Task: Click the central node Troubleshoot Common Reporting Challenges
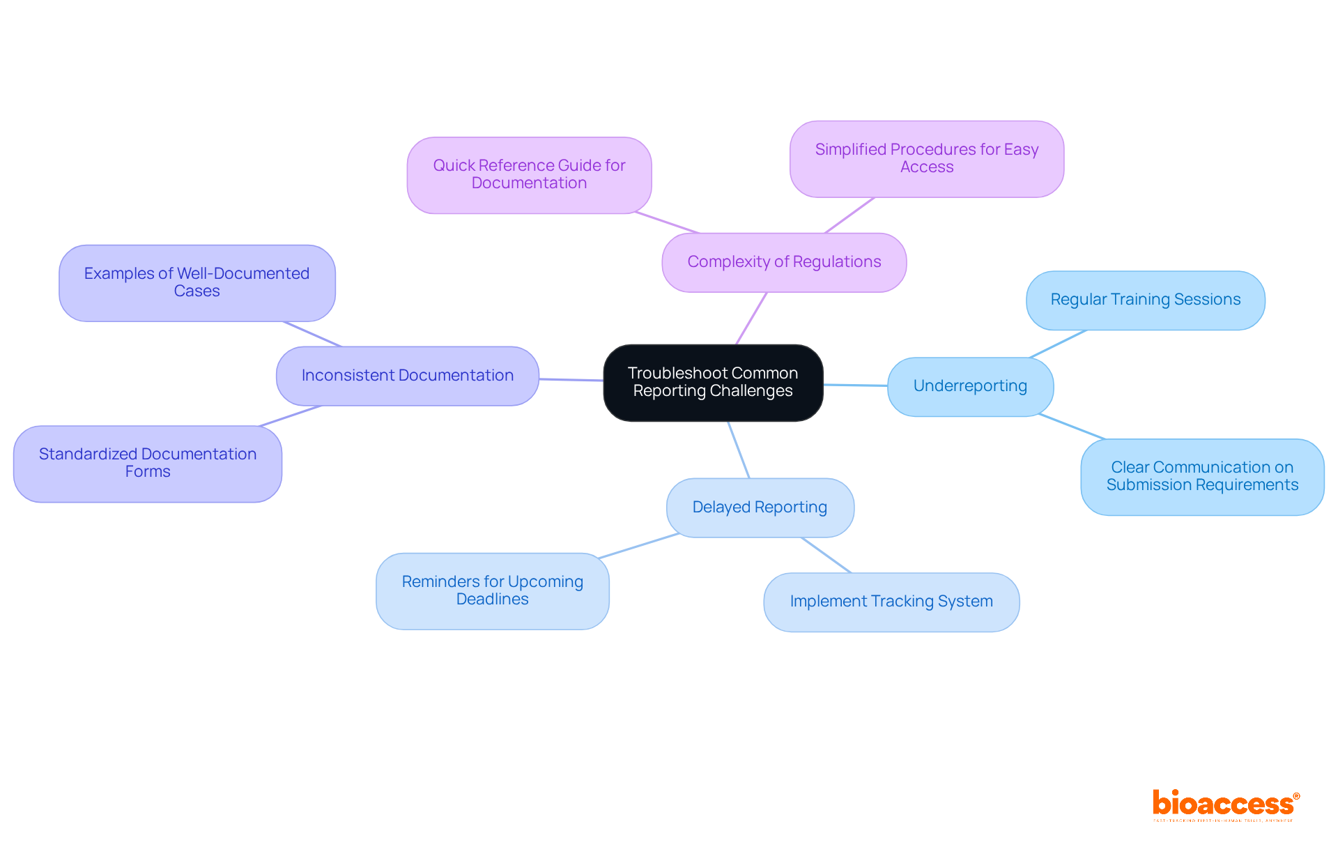(x=713, y=382)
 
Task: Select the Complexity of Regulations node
(x=784, y=262)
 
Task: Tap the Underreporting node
(x=970, y=386)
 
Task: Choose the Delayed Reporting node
(x=760, y=508)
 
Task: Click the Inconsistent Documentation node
(x=407, y=376)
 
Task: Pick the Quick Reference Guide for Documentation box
(x=529, y=174)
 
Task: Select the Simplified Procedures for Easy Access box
(x=926, y=158)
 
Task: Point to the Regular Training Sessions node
(x=1145, y=300)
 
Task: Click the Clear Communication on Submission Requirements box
(x=1202, y=476)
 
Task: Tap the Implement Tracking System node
(x=891, y=602)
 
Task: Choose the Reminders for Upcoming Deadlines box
(x=492, y=590)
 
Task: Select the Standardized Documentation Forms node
(x=147, y=463)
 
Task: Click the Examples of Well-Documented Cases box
(x=197, y=282)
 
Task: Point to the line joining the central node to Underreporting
(x=855, y=385)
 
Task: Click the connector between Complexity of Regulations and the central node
(x=751, y=318)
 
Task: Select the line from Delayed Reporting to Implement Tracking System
(x=826, y=555)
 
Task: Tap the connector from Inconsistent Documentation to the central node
(x=571, y=380)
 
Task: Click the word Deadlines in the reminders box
(x=492, y=600)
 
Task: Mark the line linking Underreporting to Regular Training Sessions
(x=1058, y=344)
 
